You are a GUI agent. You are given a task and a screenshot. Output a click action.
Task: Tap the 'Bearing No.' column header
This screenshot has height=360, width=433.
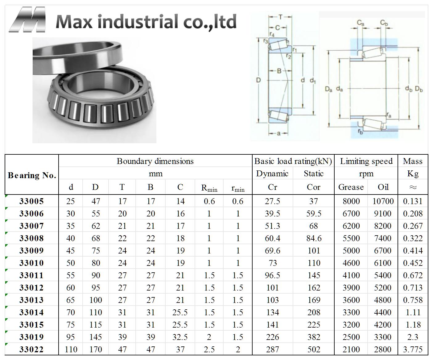[x=32, y=175]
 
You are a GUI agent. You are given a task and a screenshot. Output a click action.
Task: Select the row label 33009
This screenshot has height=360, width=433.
[x=31, y=251]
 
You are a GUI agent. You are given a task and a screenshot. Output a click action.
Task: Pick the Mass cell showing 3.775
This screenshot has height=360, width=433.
[x=413, y=350]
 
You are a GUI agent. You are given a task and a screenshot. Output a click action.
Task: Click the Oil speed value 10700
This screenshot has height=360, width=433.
[x=383, y=201]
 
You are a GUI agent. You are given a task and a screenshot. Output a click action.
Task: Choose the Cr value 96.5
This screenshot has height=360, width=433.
[x=272, y=275]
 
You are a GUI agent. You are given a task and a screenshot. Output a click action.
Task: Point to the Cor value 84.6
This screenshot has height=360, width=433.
[x=313, y=238]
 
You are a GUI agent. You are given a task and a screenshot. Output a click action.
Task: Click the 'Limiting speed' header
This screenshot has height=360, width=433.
[x=366, y=161]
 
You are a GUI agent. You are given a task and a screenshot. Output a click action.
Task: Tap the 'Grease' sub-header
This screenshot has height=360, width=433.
[x=351, y=187]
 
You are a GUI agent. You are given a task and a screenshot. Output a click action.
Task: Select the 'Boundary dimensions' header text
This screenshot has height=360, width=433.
[x=155, y=161]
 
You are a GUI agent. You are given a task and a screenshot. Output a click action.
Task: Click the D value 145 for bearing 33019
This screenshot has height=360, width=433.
[x=96, y=337]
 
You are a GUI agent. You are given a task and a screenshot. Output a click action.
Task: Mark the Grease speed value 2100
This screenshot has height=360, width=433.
[x=351, y=350]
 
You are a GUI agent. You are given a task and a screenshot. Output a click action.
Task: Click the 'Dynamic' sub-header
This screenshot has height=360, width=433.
[x=272, y=174]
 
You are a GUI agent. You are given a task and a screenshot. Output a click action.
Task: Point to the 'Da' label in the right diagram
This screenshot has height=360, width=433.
[x=328, y=89]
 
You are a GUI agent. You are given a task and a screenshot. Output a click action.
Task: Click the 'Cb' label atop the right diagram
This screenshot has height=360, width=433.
[x=384, y=23]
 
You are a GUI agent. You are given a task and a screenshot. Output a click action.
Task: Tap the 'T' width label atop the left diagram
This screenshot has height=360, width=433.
[x=280, y=17]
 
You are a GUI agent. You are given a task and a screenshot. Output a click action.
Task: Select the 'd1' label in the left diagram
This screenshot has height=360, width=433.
[x=313, y=81]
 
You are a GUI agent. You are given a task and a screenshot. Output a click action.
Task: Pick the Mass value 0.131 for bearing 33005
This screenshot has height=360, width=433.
[x=413, y=201]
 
